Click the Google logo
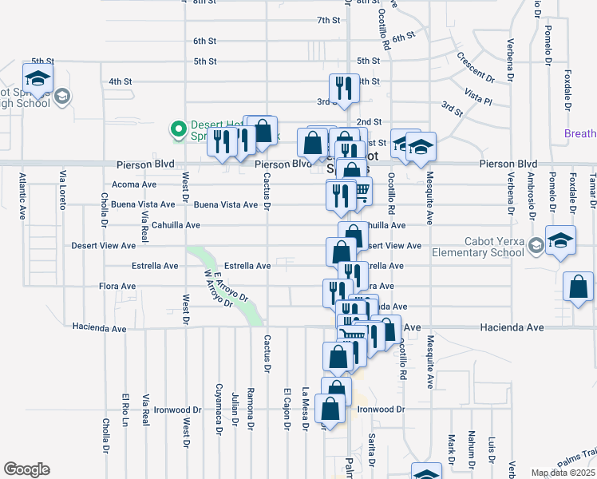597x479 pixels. point(26,469)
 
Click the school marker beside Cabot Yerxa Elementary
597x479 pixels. point(560,242)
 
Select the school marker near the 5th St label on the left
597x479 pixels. point(38,81)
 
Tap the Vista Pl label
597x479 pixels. point(478,98)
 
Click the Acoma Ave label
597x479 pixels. point(134,184)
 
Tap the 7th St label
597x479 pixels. point(329,20)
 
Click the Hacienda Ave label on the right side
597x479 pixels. point(511,327)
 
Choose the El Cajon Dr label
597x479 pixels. point(286,409)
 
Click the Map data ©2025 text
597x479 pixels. point(563,473)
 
